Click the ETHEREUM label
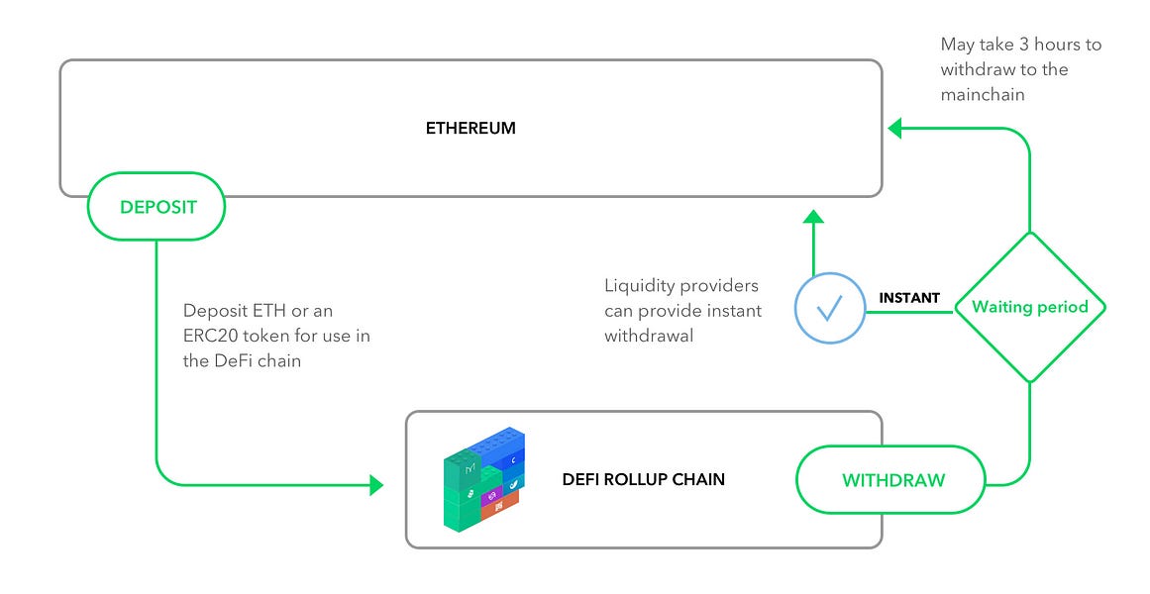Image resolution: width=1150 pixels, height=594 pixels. point(470,129)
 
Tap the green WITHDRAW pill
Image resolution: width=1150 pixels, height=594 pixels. point(892,480)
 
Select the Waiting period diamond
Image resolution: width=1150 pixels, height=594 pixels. point(1029,307)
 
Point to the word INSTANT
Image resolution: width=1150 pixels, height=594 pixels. point(909,298)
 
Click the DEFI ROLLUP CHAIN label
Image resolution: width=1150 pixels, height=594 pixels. point(644,480)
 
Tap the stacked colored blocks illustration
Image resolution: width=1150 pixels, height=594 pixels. point(482,480)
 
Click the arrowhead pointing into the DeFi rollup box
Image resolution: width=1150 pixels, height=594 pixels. point(376,485)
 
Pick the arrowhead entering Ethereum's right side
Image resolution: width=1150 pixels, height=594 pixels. point(894,128)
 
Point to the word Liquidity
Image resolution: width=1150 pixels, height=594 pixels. point(639,286)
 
